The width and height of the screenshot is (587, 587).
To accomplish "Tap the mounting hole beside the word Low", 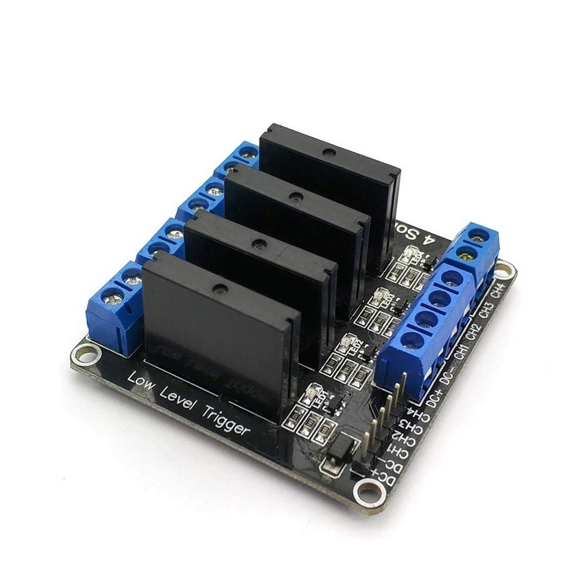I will click(x=86, y=353).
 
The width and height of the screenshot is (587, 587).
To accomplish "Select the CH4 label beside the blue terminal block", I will click(x=498, y=291).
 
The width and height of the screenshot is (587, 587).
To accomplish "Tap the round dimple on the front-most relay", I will click(x=221, y=289).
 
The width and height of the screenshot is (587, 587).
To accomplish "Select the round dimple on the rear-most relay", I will click(x=330, y=153).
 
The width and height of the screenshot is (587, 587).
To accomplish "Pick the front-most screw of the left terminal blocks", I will click(x=112, y=299).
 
